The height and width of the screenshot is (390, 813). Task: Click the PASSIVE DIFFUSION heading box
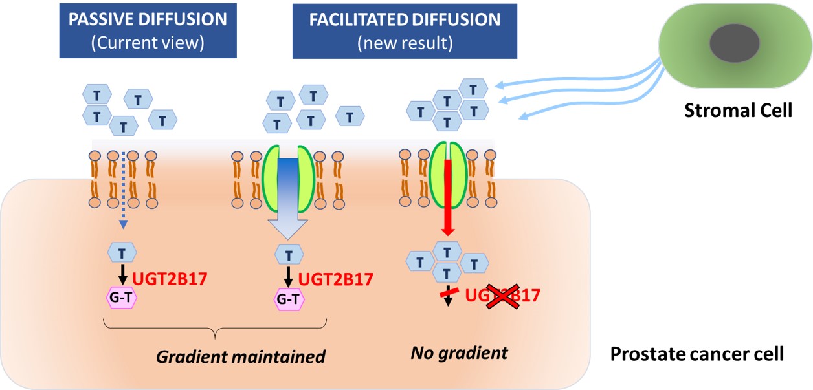148,31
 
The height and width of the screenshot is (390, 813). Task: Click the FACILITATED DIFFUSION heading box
405,31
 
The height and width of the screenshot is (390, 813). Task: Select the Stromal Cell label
739,111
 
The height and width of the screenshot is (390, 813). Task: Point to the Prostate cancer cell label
697,354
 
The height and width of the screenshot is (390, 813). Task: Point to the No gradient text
460,354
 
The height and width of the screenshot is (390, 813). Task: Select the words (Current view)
148,43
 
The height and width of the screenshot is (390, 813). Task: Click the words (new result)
405,43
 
